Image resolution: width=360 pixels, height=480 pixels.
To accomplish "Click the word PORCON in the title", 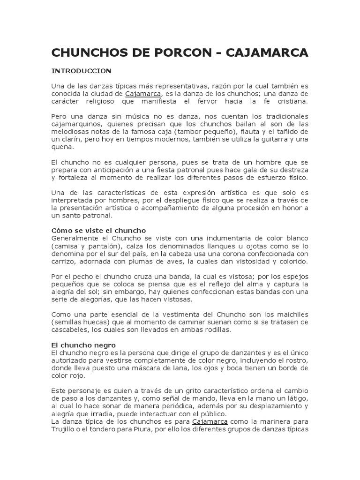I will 175,53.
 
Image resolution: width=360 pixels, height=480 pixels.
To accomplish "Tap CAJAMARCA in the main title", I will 267,53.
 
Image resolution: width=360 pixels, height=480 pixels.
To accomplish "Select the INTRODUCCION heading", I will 81,71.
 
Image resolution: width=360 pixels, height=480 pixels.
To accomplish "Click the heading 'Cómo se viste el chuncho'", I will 98,231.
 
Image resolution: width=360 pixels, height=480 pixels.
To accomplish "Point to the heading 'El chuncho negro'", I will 84,345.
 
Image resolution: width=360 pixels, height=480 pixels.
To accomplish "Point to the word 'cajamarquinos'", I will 74,124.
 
